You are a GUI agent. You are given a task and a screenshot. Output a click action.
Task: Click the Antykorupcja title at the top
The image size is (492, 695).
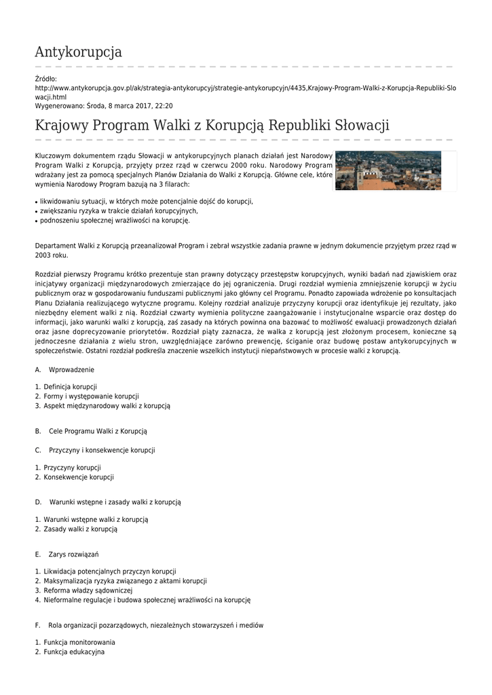(x=78, y=52)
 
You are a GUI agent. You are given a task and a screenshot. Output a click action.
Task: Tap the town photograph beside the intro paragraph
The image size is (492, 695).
(x=388, y=170)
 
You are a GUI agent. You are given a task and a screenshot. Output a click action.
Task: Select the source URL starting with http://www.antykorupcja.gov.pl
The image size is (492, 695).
(x=245, y=88)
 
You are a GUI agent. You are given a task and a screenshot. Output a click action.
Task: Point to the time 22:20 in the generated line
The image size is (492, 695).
(x=164, y=106)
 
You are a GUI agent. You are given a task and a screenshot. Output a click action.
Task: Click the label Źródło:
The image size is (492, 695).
(x=46, y=79)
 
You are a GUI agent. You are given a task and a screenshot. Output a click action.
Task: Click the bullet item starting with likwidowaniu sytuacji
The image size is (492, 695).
(x=146, y=202)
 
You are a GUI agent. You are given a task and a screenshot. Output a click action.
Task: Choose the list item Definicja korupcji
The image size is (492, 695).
(x=70, y=387)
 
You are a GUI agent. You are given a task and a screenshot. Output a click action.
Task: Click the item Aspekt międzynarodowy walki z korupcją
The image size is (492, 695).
(x=107, y=406)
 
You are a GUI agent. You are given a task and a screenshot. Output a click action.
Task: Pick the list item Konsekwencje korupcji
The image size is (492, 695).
(x=79, y=477)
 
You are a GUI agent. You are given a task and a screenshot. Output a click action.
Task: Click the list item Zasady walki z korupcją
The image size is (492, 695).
(x=81, y=529)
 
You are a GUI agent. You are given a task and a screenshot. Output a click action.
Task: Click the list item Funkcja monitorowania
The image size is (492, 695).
(x=79, y=642)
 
